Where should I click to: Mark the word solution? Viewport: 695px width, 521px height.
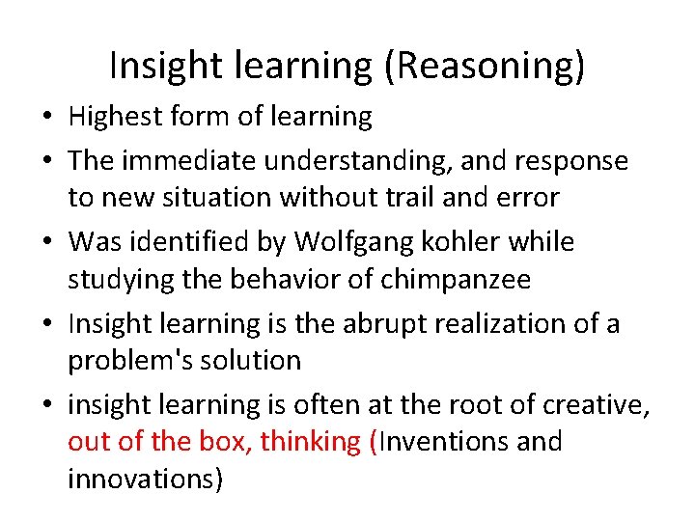point(255,361)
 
